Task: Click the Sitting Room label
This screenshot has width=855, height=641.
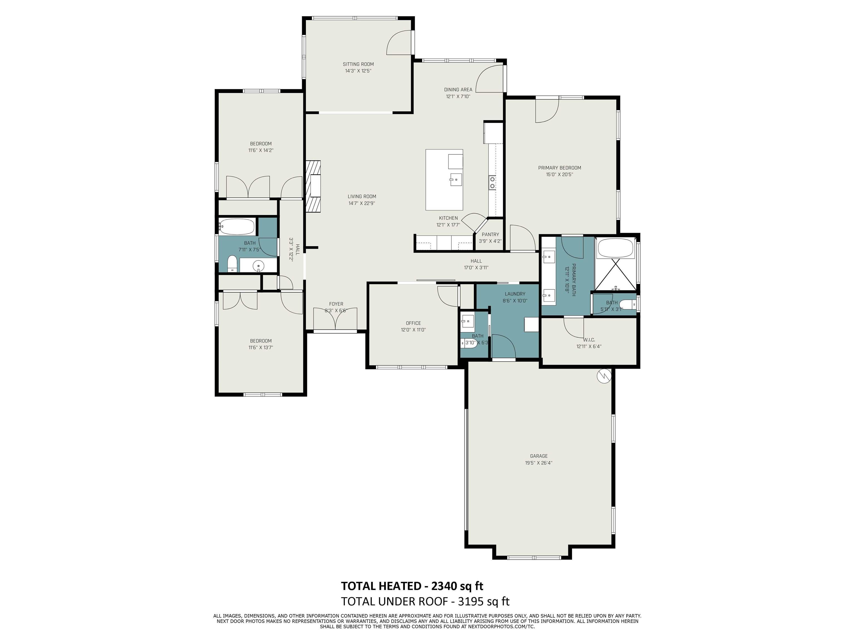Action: pos(358,64)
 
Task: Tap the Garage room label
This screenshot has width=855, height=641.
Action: pos(539,456)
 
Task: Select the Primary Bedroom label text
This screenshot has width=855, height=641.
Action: pos(559,168)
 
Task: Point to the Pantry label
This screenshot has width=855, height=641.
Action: pos(490,234)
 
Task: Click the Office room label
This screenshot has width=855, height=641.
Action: pos(413,323)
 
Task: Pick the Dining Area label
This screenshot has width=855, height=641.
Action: pos(458,90)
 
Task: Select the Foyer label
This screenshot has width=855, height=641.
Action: pos(336,304)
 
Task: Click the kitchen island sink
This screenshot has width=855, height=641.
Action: pos(456,180)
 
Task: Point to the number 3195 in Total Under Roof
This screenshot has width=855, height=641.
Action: pos(470,601)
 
